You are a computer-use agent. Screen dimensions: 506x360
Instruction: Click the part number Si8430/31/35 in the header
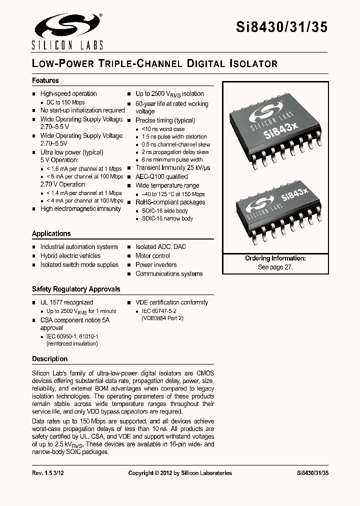(x=281, y=27)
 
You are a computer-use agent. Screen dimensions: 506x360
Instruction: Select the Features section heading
(x=45, y=80)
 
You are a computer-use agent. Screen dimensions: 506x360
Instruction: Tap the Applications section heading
(x=51, y=233)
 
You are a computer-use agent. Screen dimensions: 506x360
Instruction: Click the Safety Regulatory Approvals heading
(x=76, y=289)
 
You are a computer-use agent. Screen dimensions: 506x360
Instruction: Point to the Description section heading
(x=49, y=358)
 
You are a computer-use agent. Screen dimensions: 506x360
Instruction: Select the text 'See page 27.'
(x=275, y=267)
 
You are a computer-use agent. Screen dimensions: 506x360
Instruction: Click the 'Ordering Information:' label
(x=275, y=258)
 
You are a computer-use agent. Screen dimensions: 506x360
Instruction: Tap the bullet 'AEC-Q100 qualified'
(x=161, y=176)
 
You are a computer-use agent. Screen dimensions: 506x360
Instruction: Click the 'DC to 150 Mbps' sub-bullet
(x=65, y=102)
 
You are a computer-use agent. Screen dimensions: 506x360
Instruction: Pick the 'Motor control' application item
(x=152, y=255)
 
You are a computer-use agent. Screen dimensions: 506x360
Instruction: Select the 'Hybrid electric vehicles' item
(x=70, y=255)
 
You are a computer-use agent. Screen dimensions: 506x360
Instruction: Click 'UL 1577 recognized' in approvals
(x=66, y=302)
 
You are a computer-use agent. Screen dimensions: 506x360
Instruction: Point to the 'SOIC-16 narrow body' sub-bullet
(x=167, y=218)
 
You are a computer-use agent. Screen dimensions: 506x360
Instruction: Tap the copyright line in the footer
(x=180, y=473)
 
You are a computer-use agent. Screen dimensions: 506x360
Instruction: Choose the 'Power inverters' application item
(x=156, y=264)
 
